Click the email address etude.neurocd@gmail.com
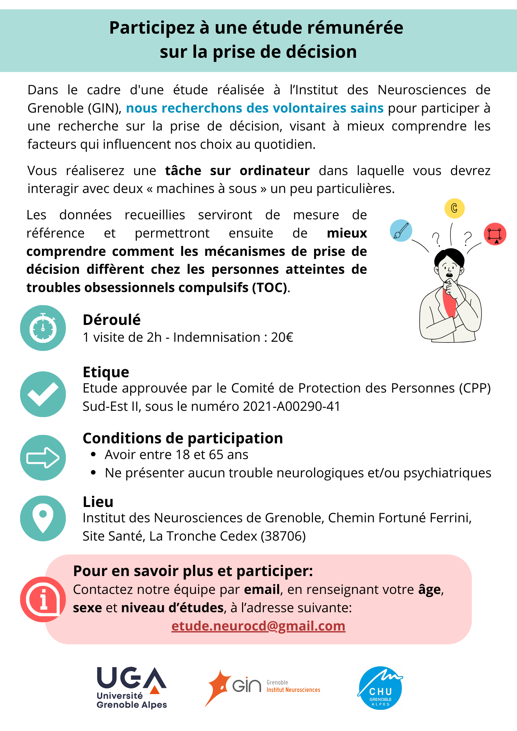tap(258, 626)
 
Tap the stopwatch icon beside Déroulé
tap(43, 328)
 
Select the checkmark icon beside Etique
tap(43, 394)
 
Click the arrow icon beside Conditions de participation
tap(43, 458)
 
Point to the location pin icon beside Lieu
tap(43, 518)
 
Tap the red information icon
tap(43, 599)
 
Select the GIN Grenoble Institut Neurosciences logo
tap(262, 687)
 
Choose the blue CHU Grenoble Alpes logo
tap(380, 688)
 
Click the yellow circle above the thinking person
tap(454, 208)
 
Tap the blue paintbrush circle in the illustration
tap(401, 230)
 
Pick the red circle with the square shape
tap(495, 234)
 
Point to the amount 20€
tap(282, 337)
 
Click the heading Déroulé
tap(112, 319)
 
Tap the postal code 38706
tap(283, 536)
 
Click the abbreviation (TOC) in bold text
tap(269, 287)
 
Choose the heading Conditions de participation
tap(183, 438)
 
